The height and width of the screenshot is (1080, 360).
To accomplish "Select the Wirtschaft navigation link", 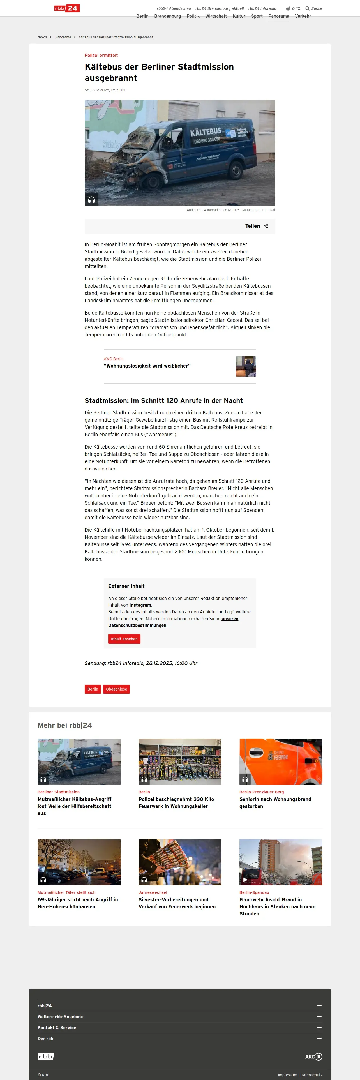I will click(x=216, y=16).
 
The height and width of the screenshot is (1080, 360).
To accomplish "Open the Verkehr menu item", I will click(x=303, y=16).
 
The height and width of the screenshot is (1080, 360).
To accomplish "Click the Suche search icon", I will click(x=308, y=8).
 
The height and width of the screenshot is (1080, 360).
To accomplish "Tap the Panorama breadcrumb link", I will click(x=63, y=37).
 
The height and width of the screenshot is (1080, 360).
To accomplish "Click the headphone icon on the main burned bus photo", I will click(x=91, y=200).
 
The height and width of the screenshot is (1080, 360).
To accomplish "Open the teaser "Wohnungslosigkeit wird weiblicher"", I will click(x=147, y=366).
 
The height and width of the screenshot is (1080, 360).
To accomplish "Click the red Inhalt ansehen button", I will click(x=124, y=639).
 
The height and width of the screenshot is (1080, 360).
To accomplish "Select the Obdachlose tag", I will click(x=117, y=689).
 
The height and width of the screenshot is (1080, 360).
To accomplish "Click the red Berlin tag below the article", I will click(x=93, y=689).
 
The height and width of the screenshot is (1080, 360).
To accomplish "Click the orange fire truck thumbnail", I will click(x=281, y=761).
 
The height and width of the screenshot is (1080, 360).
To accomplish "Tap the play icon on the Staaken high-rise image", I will click(x=245, y=880).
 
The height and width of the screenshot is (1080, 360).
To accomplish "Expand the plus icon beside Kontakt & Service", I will click(x=319, y=1028).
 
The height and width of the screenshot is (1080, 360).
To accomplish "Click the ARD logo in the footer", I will click(x=313, y=1056).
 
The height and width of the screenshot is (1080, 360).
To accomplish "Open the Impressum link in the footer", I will click(x=287, y=1075).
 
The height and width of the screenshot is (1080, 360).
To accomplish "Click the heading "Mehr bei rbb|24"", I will click(x=65, y=725).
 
